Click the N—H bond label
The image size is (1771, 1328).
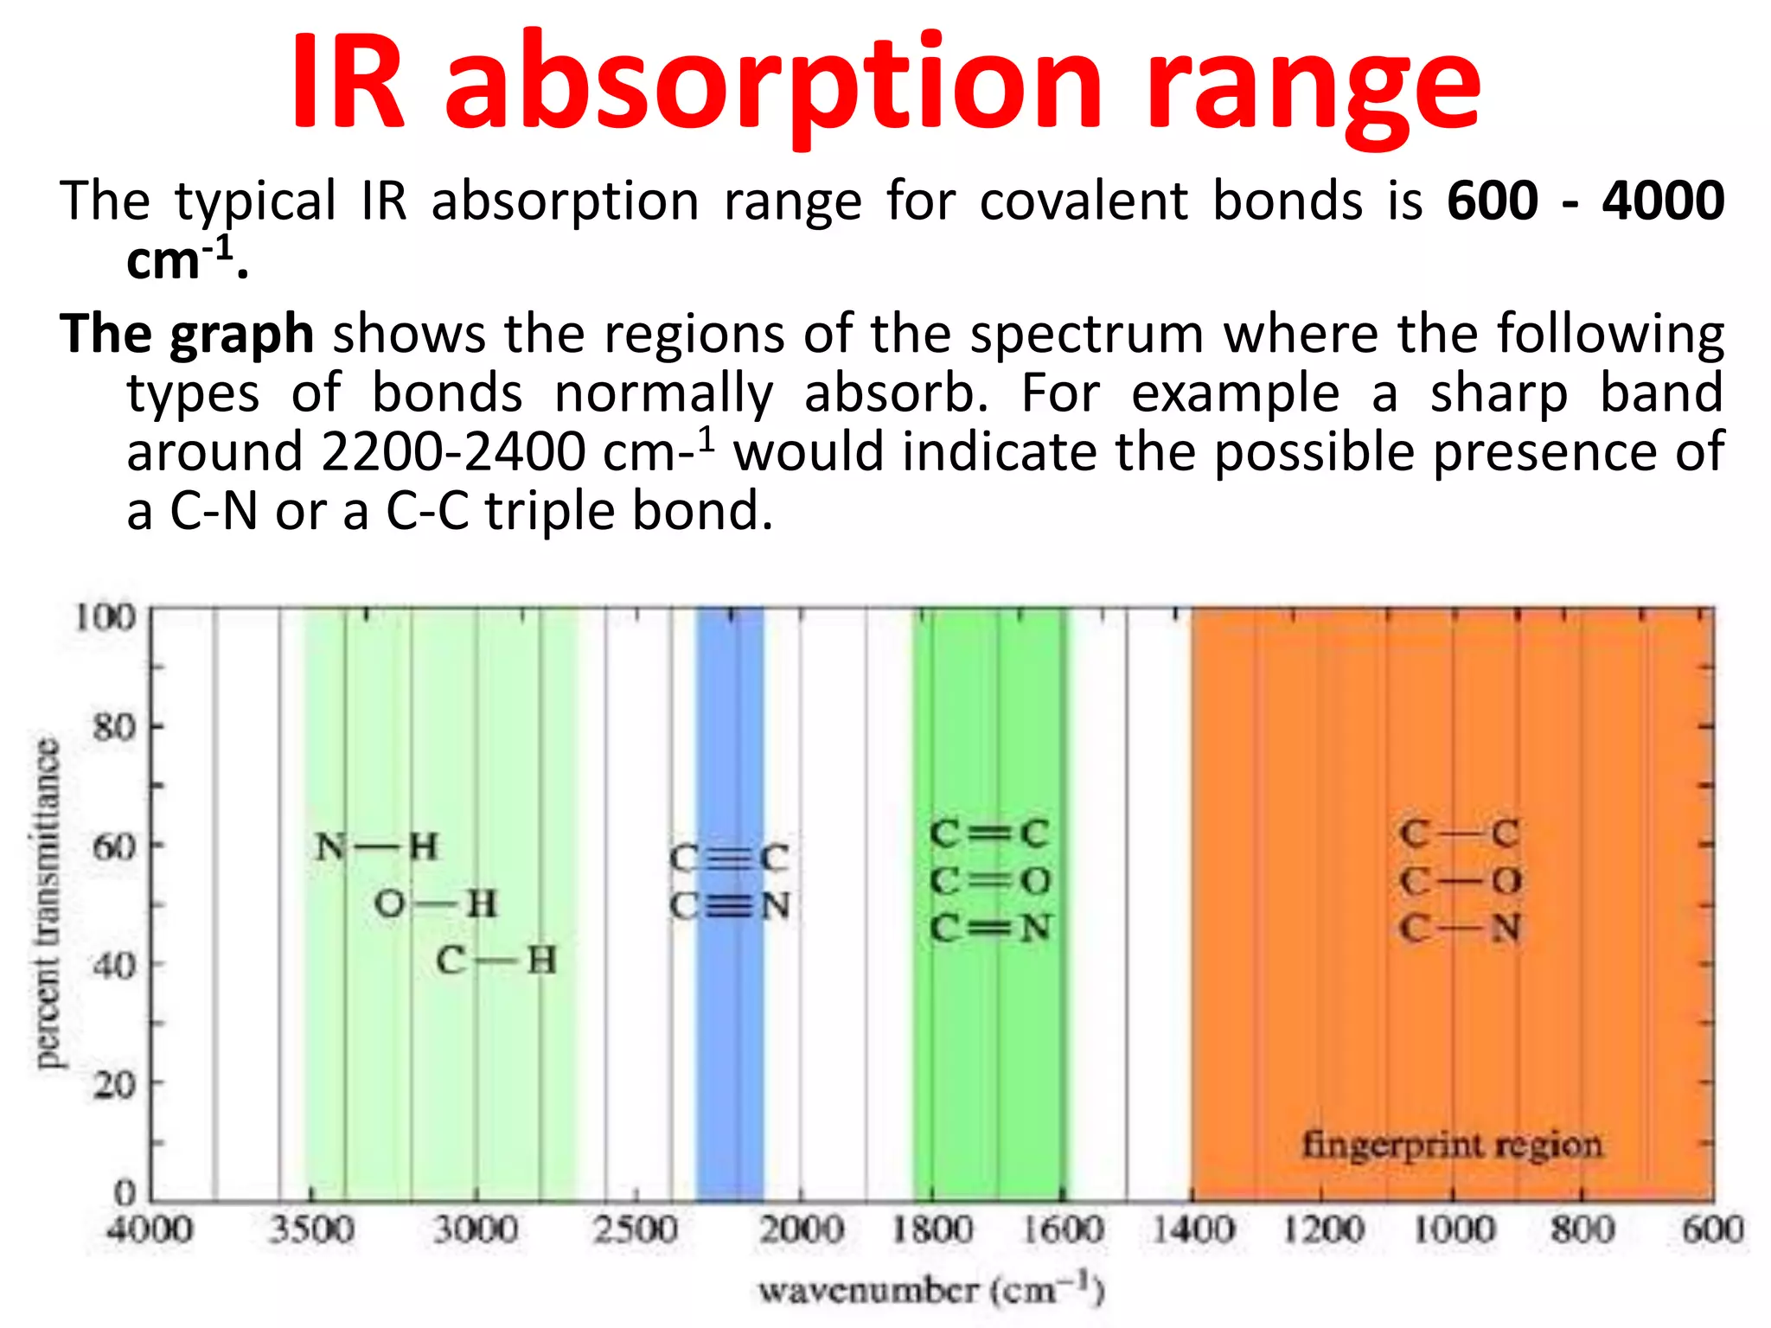click(377, 846)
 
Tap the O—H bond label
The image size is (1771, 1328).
click(436, 904)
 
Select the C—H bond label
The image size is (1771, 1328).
click(495, 961)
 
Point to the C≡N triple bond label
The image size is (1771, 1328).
click(731, 906)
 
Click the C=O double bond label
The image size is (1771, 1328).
click(990, 881)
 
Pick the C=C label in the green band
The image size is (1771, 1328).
click(990, 833)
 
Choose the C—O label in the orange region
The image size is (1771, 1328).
click(1461, 881)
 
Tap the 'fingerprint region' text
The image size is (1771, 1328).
click(1452, 1145)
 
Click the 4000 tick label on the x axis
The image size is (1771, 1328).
click(150, 1229)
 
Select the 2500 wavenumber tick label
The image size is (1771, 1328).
click(635, 1229)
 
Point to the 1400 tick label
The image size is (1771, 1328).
click(1192, 1229)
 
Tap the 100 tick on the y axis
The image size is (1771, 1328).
click(105, 617)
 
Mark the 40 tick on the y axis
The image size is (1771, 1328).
click(114, 965)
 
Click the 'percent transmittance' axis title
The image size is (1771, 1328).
click(48, 903)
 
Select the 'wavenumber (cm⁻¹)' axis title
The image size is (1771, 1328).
click(931, 1290)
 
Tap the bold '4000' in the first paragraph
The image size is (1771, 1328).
click(1662, 201)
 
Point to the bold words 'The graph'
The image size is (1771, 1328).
click(187, 334)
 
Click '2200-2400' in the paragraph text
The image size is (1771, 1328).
click(453, 451)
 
